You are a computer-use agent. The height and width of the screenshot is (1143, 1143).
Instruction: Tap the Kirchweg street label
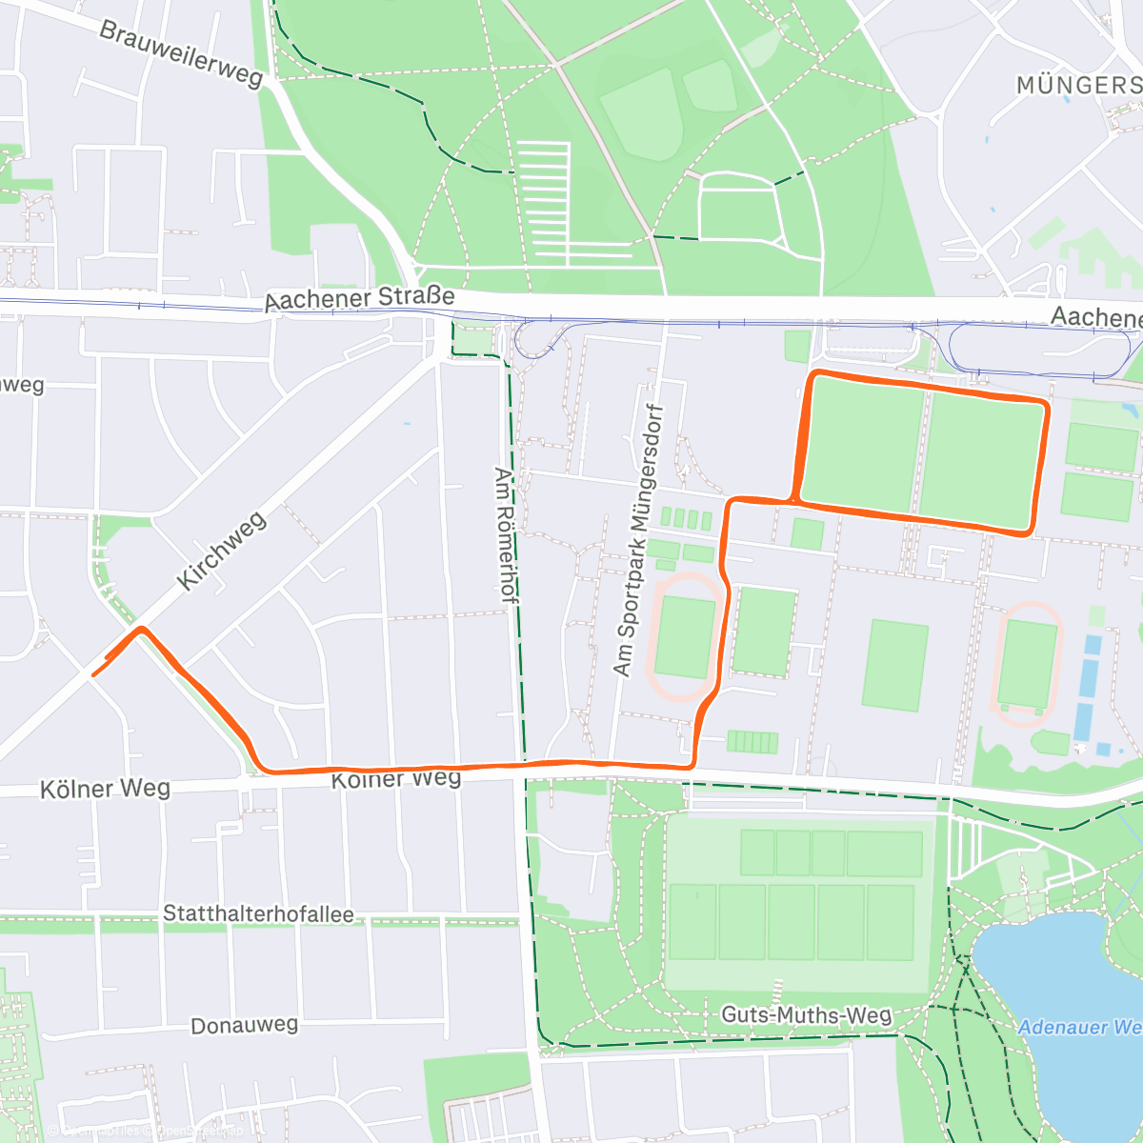[x=221, y=550]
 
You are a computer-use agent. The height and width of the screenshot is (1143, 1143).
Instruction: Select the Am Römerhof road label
[x=505, y=533]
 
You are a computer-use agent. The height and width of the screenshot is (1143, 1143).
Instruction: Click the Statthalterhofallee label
[x=258, y=914]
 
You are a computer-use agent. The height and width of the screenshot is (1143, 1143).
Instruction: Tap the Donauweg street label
[x=244, y=1026]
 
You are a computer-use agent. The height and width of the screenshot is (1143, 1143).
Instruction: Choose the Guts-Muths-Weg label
[x=806, y=1014]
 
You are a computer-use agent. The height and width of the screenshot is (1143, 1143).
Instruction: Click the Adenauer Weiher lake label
[x=1078, y=1028]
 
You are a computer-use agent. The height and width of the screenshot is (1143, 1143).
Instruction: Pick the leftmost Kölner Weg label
[x=105, y=790]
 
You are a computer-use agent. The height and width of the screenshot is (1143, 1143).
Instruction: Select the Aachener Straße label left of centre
[x=359, y=299]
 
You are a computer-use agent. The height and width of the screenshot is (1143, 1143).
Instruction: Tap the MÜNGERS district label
[x=1078, y=86]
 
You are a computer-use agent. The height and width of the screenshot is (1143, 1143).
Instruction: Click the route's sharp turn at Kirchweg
[x=141, y=629]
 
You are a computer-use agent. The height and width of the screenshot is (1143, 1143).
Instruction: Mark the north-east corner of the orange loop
[x=1045, y=406]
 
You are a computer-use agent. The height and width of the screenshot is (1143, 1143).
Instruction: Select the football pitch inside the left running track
[x=685, y=636]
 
